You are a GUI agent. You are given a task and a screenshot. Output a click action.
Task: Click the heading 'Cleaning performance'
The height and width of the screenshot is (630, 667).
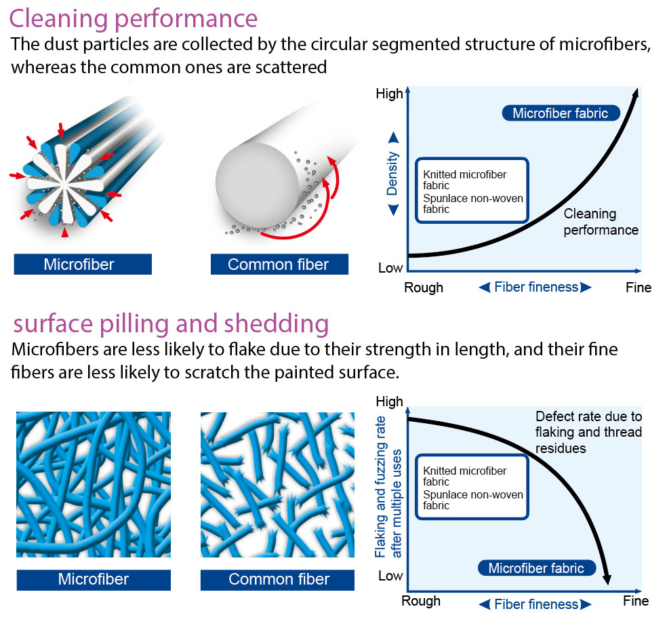pyautogui.click(x=133, y=19)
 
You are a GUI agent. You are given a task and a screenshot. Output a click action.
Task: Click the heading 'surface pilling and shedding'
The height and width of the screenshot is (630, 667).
pyautogui.click(x=171, y=323)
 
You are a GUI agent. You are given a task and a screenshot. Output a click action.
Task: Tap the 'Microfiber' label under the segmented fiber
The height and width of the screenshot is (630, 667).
pyautogui.click(x=83, y=264)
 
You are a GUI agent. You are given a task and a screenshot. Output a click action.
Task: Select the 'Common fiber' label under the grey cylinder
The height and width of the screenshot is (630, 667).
pyautogui.click(x=279, y=264)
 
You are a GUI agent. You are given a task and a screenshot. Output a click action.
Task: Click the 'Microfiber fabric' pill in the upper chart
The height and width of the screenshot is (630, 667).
pyautogui.click(x=561, y=113)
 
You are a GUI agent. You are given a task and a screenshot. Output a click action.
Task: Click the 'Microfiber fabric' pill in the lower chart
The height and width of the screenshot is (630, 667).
pyautogui.click(x=536, y=568)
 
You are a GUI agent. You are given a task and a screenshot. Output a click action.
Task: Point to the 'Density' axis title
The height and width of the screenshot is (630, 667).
pyautogui.click(x=392, y=174)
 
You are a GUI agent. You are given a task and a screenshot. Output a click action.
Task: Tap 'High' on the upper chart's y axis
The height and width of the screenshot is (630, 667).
pyautogui.click(x=389, y=94)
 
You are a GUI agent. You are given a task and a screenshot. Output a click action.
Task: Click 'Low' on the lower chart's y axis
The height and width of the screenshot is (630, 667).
pyautogui.click(x=390, y=576)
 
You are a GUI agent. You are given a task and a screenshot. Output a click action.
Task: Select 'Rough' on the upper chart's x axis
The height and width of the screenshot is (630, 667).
pyautogui.click(x=424, y=288)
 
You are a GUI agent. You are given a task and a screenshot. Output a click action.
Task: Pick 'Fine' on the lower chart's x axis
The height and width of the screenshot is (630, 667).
pyautogui.click(x=636, y=601)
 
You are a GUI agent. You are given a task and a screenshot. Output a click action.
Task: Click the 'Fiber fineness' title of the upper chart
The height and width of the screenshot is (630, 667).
pyautogui.click(x=535, y=288)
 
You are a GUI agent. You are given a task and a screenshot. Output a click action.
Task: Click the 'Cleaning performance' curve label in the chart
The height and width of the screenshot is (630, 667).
pyautogui.click(x=601, y=222)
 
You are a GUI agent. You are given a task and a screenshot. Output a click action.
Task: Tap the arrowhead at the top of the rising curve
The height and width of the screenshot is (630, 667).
pyautogui.click(x=636, y=94)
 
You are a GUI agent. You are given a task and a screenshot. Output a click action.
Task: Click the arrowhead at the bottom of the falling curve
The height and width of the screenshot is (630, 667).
pyautogui.click(x=607, y=579)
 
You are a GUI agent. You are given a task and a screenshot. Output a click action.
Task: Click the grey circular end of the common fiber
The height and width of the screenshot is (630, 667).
pyautogui.click(x=258, y=184)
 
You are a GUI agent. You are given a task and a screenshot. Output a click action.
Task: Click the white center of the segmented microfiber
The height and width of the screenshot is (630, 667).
pyautogui.click(x=64, y=184)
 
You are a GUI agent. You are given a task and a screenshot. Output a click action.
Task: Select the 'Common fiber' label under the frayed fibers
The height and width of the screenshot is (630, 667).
pyautogui.click(x=278, y=579)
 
